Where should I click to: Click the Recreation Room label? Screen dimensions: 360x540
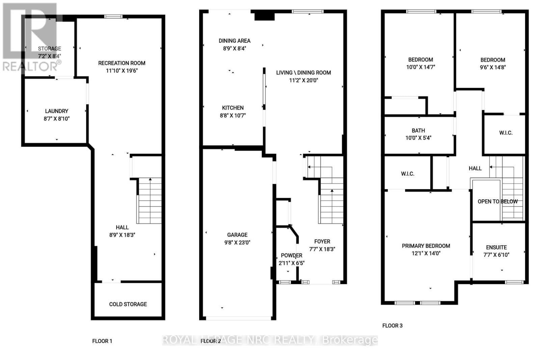click(122, 63)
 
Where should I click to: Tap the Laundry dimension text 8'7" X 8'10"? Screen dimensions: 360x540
click(57, 119)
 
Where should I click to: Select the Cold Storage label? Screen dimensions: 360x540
click(128, 304)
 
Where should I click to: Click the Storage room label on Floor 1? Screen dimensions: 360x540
click(50, 49)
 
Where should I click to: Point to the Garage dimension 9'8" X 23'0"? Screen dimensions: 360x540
click(237, 243)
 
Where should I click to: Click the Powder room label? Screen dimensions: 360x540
click(292, 256)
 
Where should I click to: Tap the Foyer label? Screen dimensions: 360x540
click(322, 242)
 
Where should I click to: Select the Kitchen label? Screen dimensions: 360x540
click(233, 108)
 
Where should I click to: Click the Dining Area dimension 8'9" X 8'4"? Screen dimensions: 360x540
click(235, 49)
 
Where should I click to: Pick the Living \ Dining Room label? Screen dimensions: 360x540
click(303, 73)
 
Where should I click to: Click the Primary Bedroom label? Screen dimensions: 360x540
click(426, 246)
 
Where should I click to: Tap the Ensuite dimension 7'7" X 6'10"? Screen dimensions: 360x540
click(496, 255)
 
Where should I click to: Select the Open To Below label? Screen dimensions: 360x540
click(497, 201)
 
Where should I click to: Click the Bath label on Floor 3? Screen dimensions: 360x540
click(418, 131)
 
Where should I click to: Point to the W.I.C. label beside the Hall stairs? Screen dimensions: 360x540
click(506, 133)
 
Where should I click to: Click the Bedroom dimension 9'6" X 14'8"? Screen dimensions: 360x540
click(493, 67)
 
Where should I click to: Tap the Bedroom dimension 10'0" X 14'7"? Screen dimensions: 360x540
click(421, 67)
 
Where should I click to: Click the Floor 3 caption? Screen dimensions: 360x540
click(392, 326)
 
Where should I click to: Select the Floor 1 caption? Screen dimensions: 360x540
click(102, 341)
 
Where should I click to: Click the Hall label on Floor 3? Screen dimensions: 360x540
click(475, 168)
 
